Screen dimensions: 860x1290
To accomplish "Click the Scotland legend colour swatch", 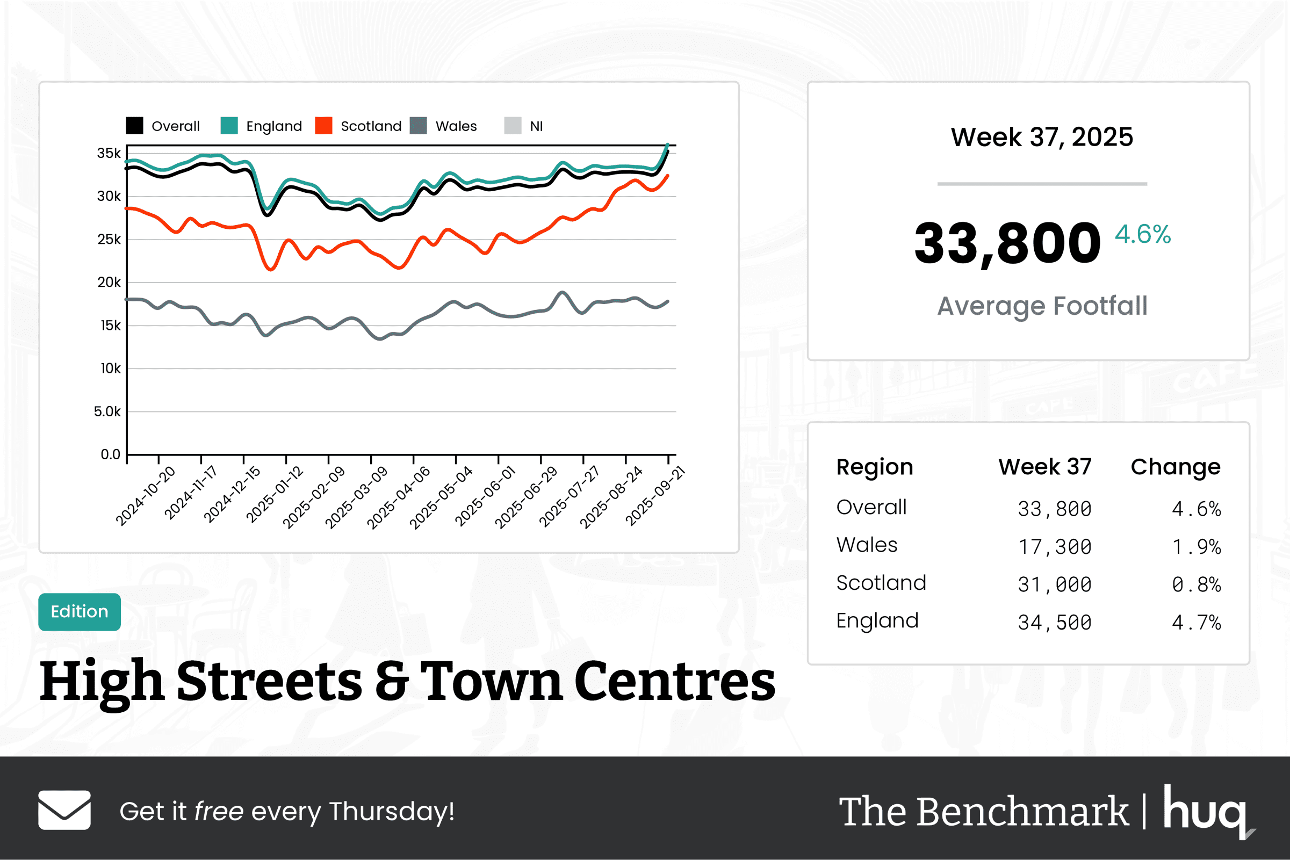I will (323, 126).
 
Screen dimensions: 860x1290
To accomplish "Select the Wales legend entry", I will (455, 126).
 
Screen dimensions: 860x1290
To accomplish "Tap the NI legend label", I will (536, 126).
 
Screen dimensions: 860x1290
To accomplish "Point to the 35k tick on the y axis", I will (109, 153).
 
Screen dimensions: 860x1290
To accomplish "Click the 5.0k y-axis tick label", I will (107, 411).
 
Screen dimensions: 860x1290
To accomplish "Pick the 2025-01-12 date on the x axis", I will (275, 494).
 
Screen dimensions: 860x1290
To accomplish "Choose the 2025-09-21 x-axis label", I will (655, 495).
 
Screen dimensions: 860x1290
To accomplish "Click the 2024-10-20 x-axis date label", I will (146, 495).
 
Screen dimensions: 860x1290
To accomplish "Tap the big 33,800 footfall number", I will (1007, 243).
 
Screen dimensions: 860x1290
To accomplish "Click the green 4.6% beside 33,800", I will (1142, 234).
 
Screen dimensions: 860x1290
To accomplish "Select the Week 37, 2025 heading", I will (1042, 137).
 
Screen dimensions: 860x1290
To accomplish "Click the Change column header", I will (1176, 467).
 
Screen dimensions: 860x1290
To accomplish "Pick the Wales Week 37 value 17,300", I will (1054, 547).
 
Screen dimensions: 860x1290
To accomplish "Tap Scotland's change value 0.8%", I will (1195, 584).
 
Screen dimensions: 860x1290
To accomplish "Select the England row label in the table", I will (877, 621).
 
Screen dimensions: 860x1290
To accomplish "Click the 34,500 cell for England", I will (1054, 623).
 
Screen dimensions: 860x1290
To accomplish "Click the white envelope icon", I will (64, 810).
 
